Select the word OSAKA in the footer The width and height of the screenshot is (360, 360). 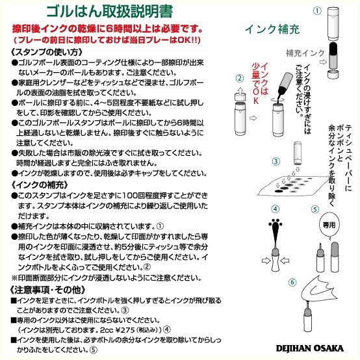(331, 348)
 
